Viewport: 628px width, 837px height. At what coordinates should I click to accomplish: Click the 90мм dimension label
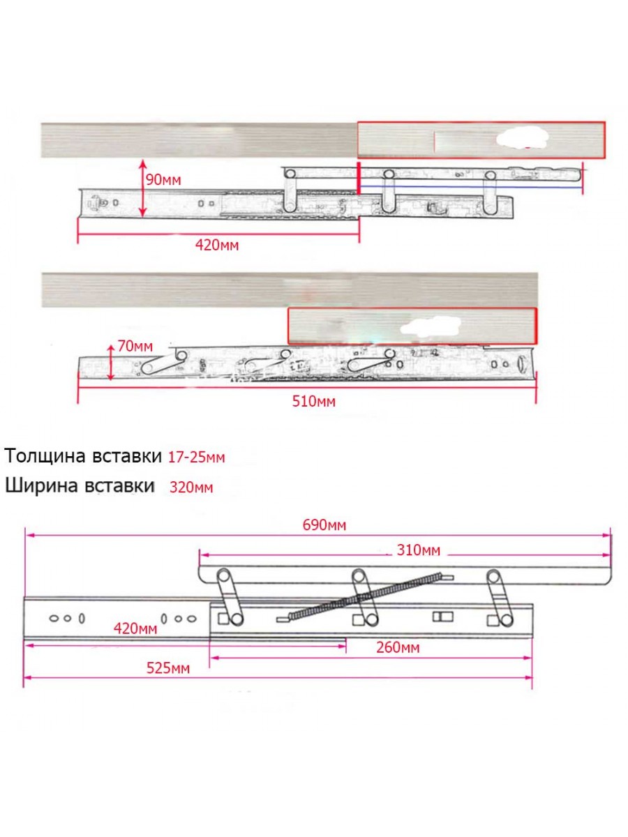(x=163, y=179)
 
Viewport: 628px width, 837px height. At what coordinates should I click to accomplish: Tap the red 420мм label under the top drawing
(x=217, y=246)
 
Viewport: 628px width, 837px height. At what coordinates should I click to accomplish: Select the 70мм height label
(x=135, y=346)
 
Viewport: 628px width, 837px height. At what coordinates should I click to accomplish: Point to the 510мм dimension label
(x=314, y=402)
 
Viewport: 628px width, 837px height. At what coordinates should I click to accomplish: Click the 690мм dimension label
(x=324, y=525)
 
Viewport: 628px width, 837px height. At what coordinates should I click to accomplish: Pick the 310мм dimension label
(x=419, y=550)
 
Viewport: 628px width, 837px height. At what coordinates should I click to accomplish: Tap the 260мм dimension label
(x=398, y=647)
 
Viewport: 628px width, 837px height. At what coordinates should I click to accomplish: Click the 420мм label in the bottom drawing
(x=135, y=628)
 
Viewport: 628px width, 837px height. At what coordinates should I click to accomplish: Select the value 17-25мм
(x=196, y=457)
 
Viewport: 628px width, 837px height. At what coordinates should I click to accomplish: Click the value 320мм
(x=191, y=488)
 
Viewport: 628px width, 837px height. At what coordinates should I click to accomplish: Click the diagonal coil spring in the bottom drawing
(x=364, y=597)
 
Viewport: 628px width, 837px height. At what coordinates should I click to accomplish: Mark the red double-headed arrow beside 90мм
(x=142, y=188)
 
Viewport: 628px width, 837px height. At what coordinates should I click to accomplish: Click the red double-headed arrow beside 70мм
(x=110, y=363)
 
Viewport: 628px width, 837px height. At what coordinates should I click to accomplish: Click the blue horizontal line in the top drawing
(x=471, y=187)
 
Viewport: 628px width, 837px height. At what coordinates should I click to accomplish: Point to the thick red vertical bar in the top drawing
(x=359, y=179)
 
